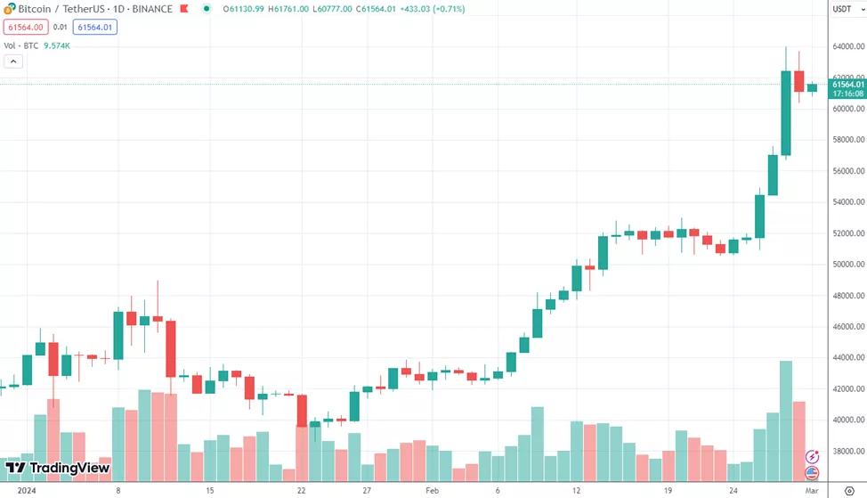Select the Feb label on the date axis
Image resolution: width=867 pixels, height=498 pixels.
(432, 490)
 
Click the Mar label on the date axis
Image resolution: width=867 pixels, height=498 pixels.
(812, 490)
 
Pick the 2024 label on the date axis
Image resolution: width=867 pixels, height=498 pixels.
(28, 490)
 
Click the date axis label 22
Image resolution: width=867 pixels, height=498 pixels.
(302, 490)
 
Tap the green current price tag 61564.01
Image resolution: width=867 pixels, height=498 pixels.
(847, 84)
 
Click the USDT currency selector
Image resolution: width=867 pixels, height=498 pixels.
(845, 9)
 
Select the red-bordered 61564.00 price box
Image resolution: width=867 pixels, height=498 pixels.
(26, 28)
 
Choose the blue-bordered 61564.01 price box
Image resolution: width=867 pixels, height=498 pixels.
(94, 28)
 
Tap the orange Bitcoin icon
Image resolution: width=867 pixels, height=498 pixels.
(10, 9)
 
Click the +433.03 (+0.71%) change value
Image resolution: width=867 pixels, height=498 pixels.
(431, 9)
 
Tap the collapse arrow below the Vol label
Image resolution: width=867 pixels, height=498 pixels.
(13, 61)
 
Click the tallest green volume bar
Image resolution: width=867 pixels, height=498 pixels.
(786, 419)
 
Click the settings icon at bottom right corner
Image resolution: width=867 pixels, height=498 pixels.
(849, 490)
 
